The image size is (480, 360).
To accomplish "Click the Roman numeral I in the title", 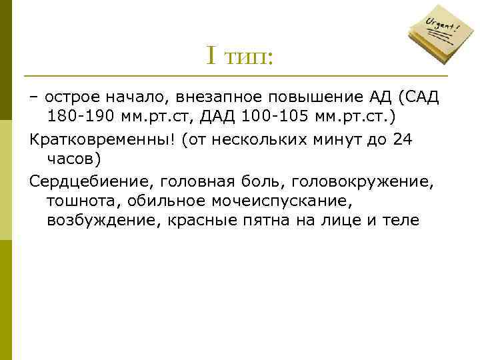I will (211, 56).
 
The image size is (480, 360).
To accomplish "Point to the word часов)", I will (74, 159).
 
